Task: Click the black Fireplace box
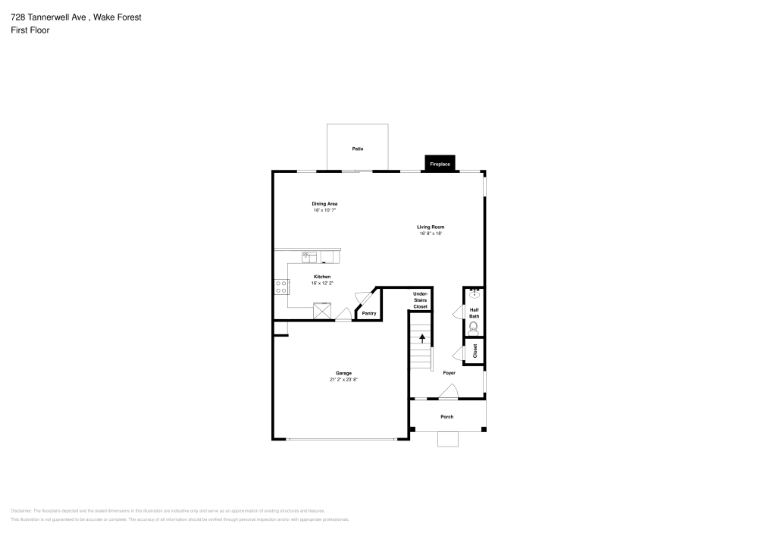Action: point(440,164)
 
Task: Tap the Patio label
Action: point(357,149)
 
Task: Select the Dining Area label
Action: point(324,203)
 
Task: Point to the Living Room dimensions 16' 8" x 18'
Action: point(431,234)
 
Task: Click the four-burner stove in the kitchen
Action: point(281,287)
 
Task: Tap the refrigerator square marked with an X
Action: point(323,310)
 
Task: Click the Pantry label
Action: point(369,313)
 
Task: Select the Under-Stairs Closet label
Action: point(420,299)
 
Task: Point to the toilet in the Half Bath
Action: point(474,328)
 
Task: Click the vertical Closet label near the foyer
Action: point(475,350)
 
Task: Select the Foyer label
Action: point(449,373)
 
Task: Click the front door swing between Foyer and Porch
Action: point(449,391)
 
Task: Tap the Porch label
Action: point(447,416)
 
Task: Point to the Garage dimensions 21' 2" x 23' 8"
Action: point(343,380)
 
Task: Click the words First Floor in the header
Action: point(30,30)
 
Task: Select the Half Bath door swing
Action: point(458,312)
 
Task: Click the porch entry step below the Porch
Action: point(448,439)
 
